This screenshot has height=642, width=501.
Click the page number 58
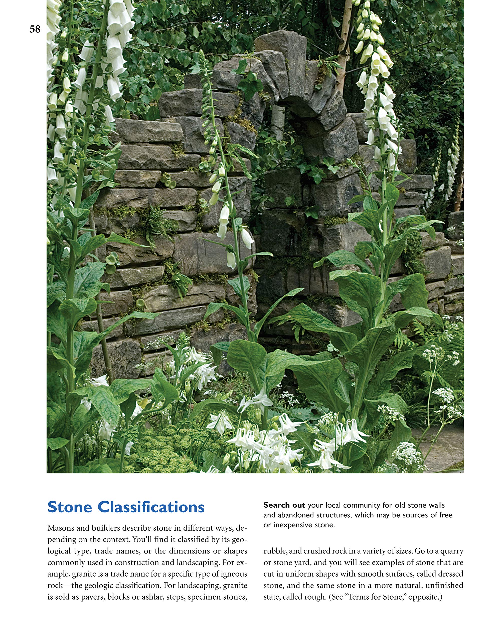[x=35, y=29]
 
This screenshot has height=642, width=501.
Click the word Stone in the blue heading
[x=70, y=507]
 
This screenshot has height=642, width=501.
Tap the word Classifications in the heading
[x=151, y=507]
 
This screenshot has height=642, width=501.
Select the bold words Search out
[x=284, y=505]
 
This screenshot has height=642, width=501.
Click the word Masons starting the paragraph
[x=61, y=528]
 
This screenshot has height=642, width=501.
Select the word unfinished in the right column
[x=444, y=585]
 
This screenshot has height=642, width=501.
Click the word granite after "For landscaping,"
[x=235, y=585]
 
